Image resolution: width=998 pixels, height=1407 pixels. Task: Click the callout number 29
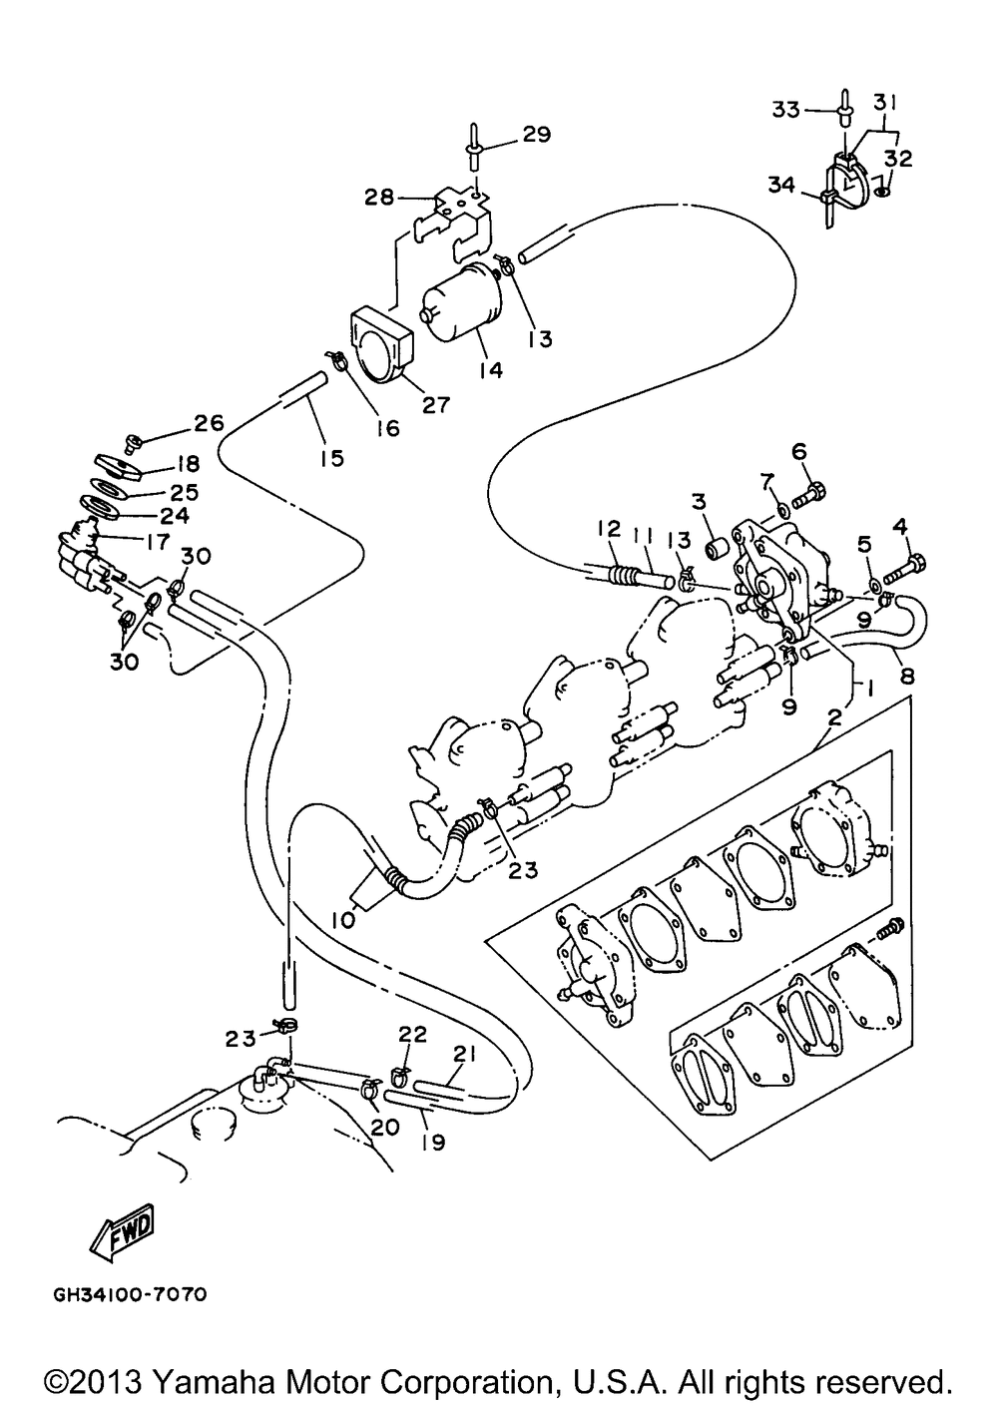point(535,135)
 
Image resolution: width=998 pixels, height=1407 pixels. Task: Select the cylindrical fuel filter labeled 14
point(463,302)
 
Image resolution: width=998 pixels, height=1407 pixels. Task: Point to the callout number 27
point(436,405)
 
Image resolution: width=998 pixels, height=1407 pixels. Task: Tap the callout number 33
point(785,110)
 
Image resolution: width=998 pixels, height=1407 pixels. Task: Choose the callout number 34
point(782,186)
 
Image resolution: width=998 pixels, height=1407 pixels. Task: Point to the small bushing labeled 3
point(716,548)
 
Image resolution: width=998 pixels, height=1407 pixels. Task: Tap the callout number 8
point(906,676)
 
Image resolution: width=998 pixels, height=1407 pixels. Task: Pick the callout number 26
point(209,423)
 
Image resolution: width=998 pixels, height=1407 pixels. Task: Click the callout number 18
point(185,464)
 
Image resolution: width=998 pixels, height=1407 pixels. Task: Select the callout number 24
point(174,516)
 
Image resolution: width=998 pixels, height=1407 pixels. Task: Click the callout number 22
point(411,1034)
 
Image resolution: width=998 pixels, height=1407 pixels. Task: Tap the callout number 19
point(432,1142)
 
